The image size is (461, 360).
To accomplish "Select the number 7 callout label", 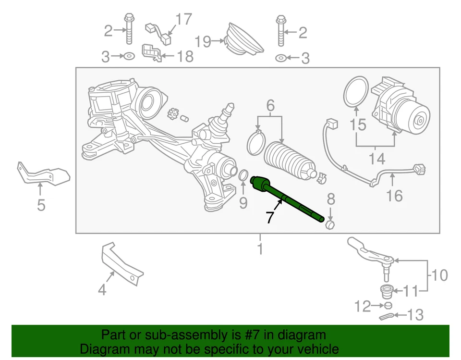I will point(270,217).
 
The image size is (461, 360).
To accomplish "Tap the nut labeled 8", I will point(330,224).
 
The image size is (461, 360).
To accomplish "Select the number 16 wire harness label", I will point(394,195).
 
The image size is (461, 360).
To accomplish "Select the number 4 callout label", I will point(102,289).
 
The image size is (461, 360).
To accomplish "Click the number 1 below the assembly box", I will point(260,249).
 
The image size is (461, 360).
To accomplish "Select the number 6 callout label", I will point(270,105).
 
